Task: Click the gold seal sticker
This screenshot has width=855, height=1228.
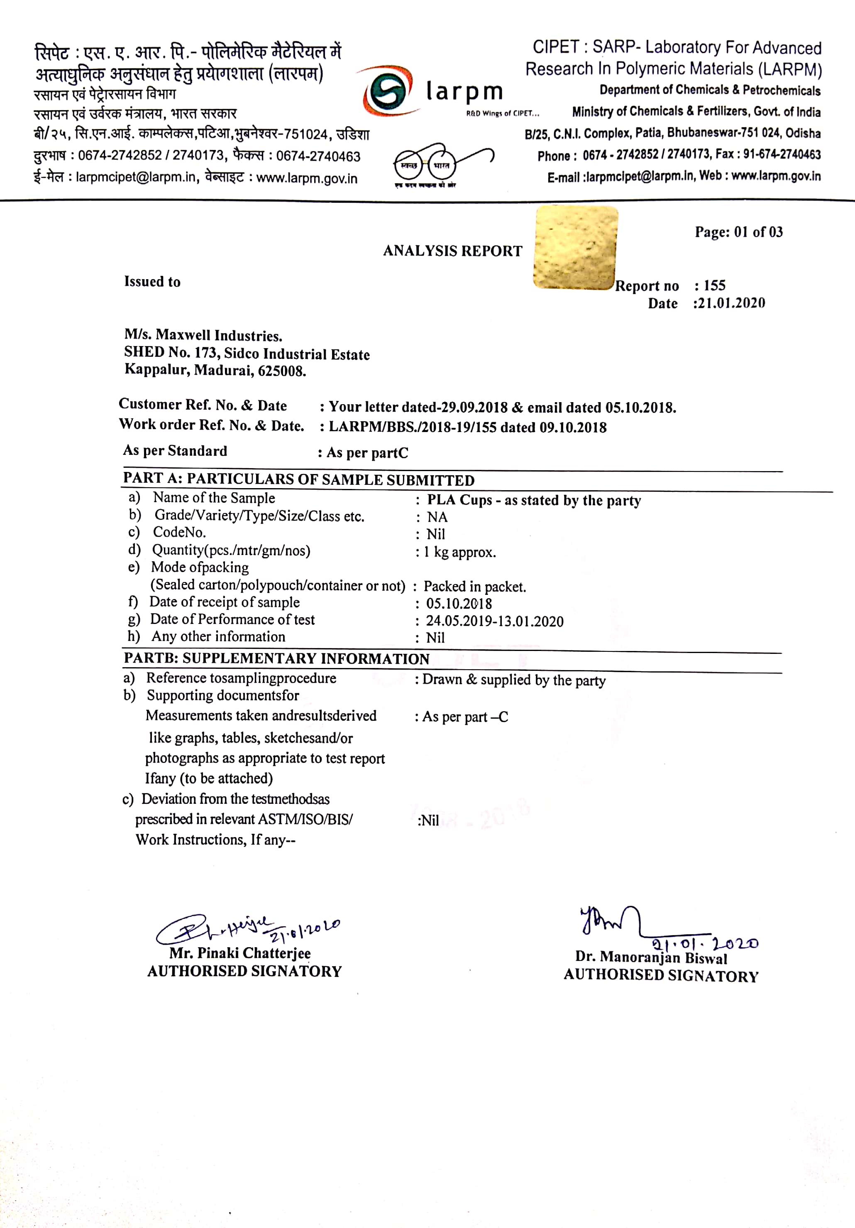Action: coord(576,248)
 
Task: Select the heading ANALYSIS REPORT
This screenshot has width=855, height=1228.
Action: coord(452,251)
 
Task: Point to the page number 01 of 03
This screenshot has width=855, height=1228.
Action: coord(758,232)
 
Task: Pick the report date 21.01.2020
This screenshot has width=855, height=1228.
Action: coord(730,303)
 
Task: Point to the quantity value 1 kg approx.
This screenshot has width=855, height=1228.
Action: coord(459,552)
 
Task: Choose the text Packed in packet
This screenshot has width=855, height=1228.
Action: coord(474,587)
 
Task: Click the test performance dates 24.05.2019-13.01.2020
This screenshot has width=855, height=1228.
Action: coord(494,621)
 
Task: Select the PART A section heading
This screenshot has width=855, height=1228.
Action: coord(298,479)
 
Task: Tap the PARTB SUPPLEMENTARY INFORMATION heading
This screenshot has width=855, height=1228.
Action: coord(276,658)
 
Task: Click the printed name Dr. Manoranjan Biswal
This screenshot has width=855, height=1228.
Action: coord(651,958)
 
